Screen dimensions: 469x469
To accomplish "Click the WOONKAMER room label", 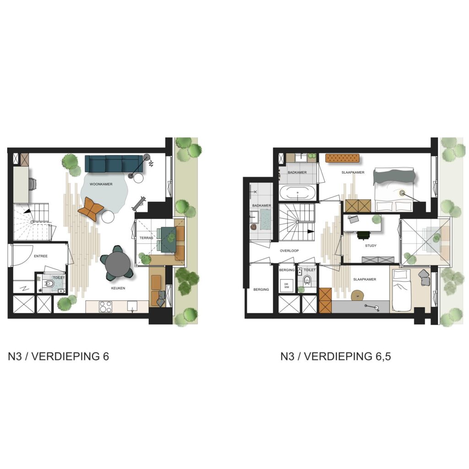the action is pos(101,184).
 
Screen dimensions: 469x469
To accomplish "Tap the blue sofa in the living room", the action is pos(114,164).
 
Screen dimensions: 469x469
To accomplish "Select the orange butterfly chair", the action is pos(91,208).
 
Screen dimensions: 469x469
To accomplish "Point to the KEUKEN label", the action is pos(118,288).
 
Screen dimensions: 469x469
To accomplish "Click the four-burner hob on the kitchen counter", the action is pos(106,307).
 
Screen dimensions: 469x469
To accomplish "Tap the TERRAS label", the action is pos(146,238).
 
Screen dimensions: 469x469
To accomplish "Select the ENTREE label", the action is pos(41,256).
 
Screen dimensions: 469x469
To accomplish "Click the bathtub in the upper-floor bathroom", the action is pos(297,193).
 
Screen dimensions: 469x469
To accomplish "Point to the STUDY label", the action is pos(371,245).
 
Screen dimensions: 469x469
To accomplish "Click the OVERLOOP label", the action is pos(289,251).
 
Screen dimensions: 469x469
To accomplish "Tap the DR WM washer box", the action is pos(287,286).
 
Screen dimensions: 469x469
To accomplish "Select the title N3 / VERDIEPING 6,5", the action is pos(336,356).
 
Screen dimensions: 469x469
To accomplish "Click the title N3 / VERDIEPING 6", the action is pos(58,356).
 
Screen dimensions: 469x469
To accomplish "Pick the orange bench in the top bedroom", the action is pos(342,158).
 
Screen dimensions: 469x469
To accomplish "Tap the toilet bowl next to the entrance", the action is pos(50,284).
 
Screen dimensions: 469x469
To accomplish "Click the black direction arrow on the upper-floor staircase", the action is pos(311,231).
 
